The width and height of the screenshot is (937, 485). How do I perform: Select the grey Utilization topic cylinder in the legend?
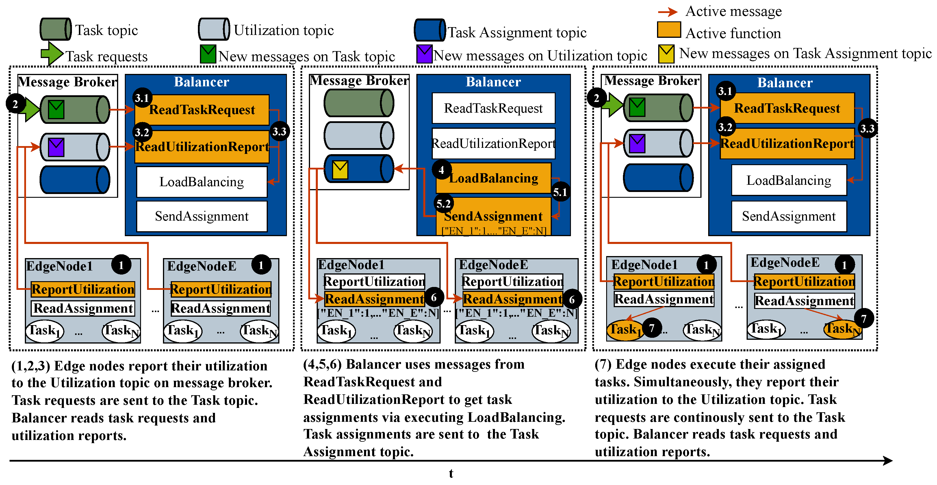[214, 29]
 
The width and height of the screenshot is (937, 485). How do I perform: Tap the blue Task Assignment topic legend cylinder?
[430, 30]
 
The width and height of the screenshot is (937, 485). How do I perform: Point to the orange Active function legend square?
[669, 30]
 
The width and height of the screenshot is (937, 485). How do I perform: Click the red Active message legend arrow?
[667, 12]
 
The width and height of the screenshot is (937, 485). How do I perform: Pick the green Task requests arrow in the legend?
[52, 53]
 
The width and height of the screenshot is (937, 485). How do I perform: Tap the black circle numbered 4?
[441, 170]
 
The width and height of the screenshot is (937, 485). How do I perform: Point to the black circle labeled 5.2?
[444, 204]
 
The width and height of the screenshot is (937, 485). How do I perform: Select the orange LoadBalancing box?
[493, 178]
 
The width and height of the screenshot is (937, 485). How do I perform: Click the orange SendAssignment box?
[493, 216]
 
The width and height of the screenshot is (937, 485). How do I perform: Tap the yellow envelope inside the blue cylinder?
[340, 169]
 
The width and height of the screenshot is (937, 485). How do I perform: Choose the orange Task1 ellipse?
[624, 330]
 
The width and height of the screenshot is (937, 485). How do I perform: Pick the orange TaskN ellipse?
[842, 329]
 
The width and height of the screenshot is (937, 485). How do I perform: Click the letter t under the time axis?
[451, 473]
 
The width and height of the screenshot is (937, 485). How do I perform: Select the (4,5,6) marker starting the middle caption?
[322, 364]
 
